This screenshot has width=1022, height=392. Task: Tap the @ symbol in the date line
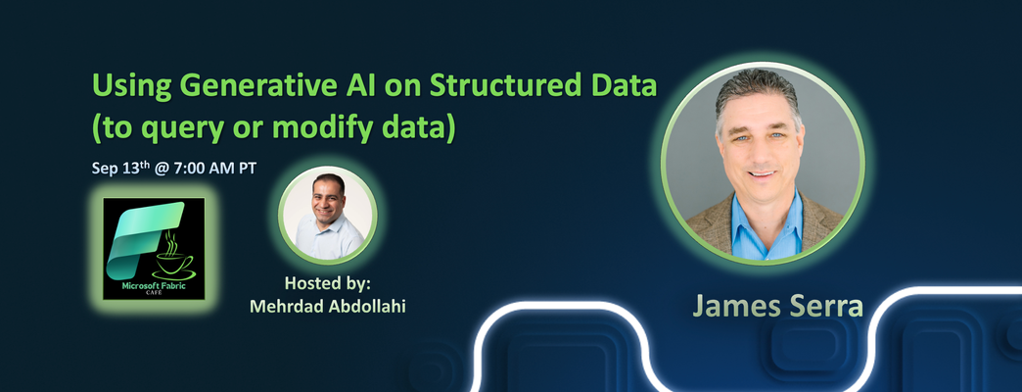click(x=163, y=169)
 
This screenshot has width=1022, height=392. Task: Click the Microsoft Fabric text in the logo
click(x=154, y=286)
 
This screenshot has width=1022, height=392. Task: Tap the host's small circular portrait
click(x=328, y=216)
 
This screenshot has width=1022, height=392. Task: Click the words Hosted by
click(x=331, y=284)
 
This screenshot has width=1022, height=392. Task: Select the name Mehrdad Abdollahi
click(x=328, y=306)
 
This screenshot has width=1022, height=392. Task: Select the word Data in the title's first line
click(x=625, y=87)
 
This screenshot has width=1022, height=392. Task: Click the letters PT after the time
click(x=247, y=169)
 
